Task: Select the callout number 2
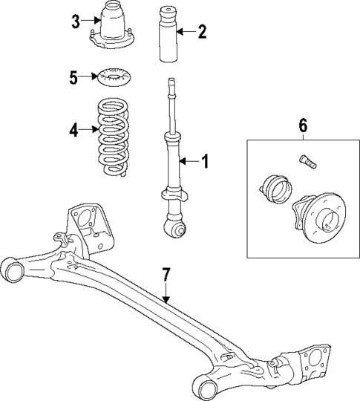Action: tap(202, 31)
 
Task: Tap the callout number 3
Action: tap(76, 21)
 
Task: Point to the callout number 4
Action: tap(73, 130)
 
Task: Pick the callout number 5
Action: tap(73, 76)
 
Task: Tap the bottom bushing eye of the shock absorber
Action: tap(177, 230)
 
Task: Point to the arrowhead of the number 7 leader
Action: tap(168, 300)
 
